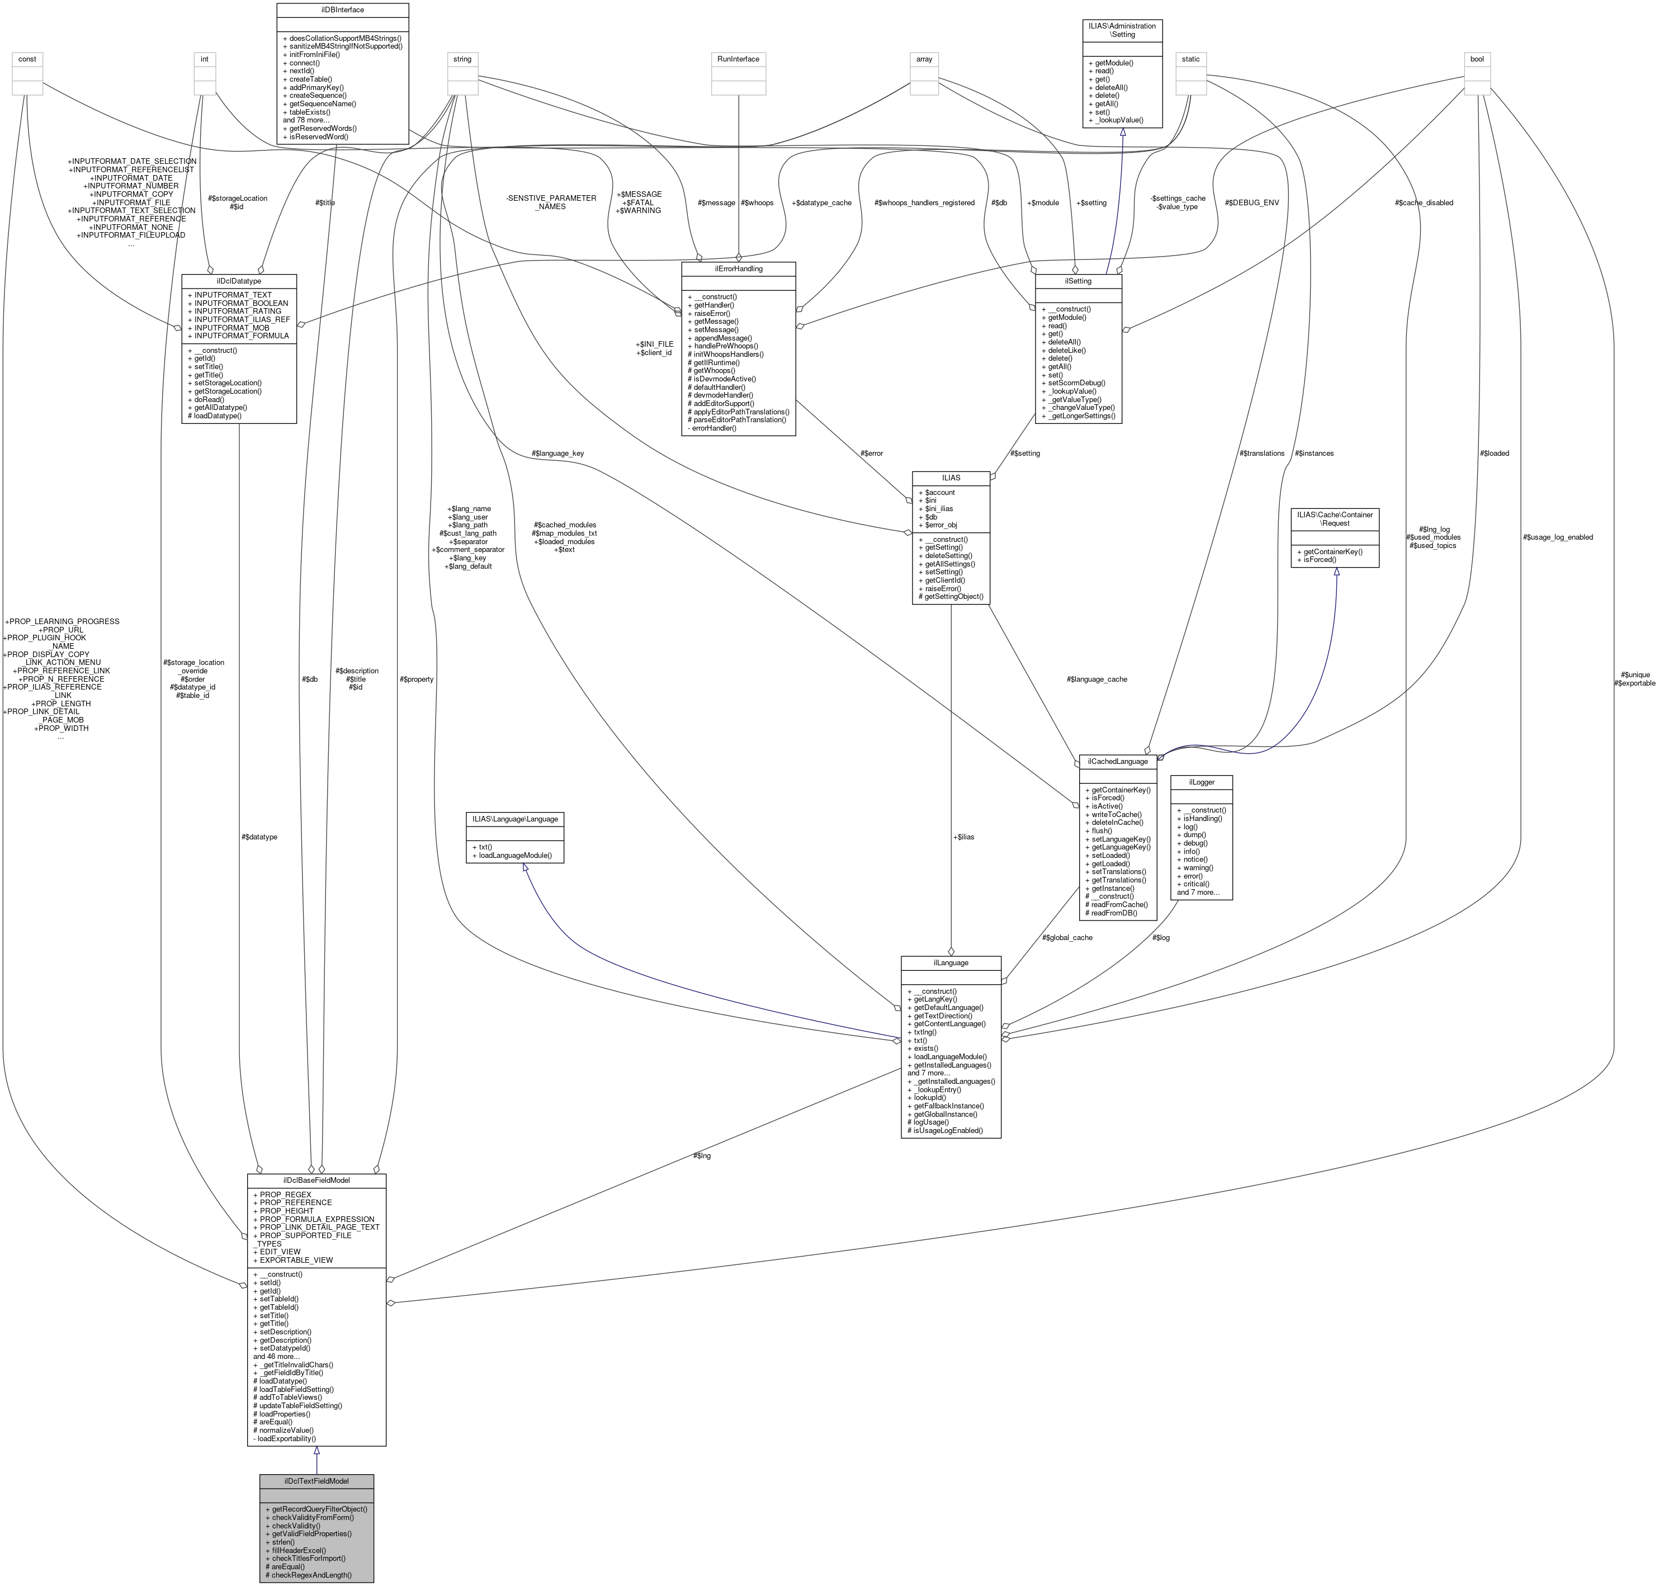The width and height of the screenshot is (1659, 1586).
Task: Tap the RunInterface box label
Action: [x=738, y=59]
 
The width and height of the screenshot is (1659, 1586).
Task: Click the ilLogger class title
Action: [x=1201, y=782]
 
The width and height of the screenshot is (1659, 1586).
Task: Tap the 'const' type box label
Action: [x=27, y=59]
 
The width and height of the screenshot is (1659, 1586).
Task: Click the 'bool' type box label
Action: [x=1477, y=59]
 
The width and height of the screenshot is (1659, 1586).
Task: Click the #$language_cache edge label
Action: [x=1097, y=679]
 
